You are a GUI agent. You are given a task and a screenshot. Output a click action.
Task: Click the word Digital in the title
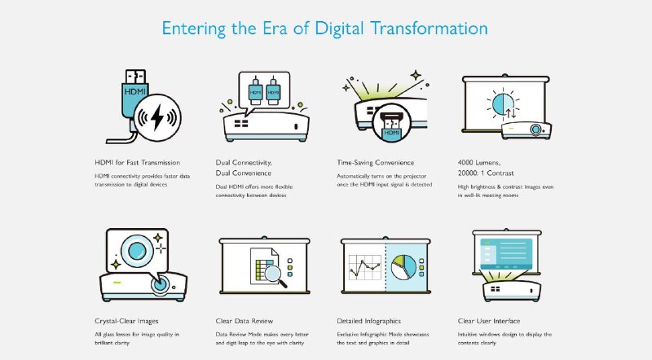point(339,29)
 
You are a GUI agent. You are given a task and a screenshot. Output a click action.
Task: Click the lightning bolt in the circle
point(157,117)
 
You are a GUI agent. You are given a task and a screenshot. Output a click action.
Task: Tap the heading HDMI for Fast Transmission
point(137,163)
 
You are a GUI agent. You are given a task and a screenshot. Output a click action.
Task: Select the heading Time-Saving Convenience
point(376,163)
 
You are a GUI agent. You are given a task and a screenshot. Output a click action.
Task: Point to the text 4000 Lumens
point(479,163)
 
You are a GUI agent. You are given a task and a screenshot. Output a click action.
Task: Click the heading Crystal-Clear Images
point(126,321)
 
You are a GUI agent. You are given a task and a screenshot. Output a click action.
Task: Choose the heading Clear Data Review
point(244,321)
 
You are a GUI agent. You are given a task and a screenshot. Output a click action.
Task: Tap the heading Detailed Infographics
point(369,321)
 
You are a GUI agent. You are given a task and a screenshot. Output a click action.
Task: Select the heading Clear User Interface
point(489,321)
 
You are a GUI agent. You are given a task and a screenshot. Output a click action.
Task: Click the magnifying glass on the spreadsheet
point(275,274)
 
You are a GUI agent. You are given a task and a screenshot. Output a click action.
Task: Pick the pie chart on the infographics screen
point(403,267)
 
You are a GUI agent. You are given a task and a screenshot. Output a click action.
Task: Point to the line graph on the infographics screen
point(364,267)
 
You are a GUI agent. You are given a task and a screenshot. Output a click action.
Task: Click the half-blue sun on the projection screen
point(502,103)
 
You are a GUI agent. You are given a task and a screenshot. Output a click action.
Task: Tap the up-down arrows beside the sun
point(511,113)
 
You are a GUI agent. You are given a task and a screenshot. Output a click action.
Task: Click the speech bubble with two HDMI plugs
point(263,93)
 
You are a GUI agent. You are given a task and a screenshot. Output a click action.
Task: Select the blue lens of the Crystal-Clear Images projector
point(160,285)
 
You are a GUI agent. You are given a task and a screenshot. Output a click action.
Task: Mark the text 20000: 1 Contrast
point(486,173)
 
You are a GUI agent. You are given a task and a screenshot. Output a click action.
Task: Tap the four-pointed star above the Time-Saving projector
point(416,76)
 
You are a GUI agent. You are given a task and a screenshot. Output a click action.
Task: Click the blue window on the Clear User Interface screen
point(506,254)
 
